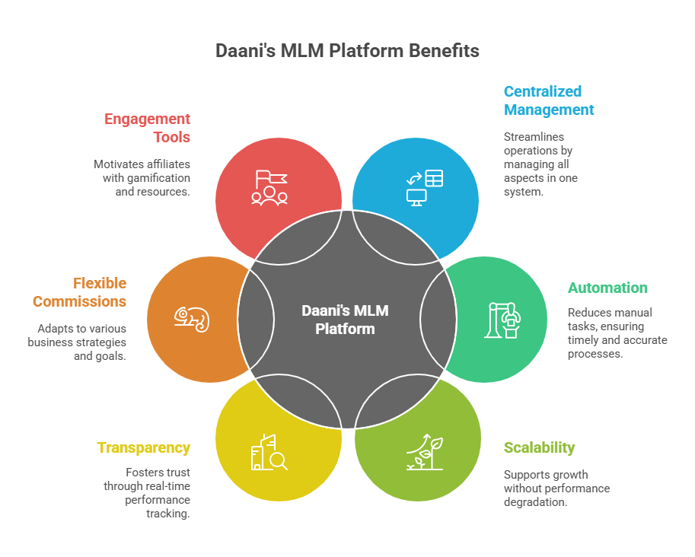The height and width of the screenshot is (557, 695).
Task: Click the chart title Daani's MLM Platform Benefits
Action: (x=347, y=51)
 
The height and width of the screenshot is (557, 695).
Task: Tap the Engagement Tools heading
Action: (x=148, y=128)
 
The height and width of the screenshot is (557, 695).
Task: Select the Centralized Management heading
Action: (x=548, y=100)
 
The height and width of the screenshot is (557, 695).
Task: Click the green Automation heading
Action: (x=607, y=288)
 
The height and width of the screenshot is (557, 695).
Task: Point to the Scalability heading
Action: (x=539, y=447)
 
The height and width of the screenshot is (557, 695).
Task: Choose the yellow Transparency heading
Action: (x=143, y=447)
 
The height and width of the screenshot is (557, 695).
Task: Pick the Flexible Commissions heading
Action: (x=80, y=291)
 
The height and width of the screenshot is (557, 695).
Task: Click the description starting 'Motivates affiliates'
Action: (x=142, y=178)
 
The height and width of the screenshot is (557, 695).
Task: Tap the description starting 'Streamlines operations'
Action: (x=540, y=164)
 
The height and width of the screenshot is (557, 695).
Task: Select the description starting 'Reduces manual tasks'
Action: (x=617, y=333)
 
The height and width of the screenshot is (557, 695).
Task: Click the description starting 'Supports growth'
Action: (x=556, y=489)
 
